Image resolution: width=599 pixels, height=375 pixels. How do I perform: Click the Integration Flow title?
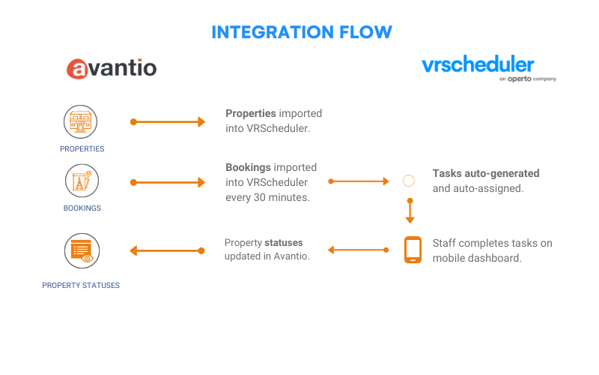pos(302,32)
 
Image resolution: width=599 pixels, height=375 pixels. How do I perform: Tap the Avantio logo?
pos(112,68)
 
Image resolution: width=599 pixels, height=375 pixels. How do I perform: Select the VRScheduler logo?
pos(489,68)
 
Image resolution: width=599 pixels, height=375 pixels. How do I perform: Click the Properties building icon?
pos(80,121)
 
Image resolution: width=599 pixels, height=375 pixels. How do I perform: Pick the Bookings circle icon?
pos(82,181)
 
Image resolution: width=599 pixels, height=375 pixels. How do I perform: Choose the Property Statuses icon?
pos(82,250)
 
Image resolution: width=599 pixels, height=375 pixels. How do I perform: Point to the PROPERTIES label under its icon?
pos(82,148)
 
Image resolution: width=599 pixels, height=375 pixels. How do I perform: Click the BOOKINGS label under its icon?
pos(82,208)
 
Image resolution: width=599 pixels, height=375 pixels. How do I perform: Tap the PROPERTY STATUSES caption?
pos(81,286)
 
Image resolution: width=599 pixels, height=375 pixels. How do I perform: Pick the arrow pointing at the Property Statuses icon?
pos(167,251)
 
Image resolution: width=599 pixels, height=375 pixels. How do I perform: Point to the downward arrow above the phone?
pos(410,211)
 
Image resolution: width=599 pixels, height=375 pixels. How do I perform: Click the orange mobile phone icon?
pos(413,250)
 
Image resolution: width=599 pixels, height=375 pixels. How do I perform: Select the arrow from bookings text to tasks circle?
pos(359,181)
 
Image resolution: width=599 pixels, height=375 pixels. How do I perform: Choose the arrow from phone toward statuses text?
pos(359,250)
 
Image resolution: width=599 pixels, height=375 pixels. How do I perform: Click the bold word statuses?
pos(284,242)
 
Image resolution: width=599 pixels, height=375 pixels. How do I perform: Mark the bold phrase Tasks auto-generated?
pos(486,173)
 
